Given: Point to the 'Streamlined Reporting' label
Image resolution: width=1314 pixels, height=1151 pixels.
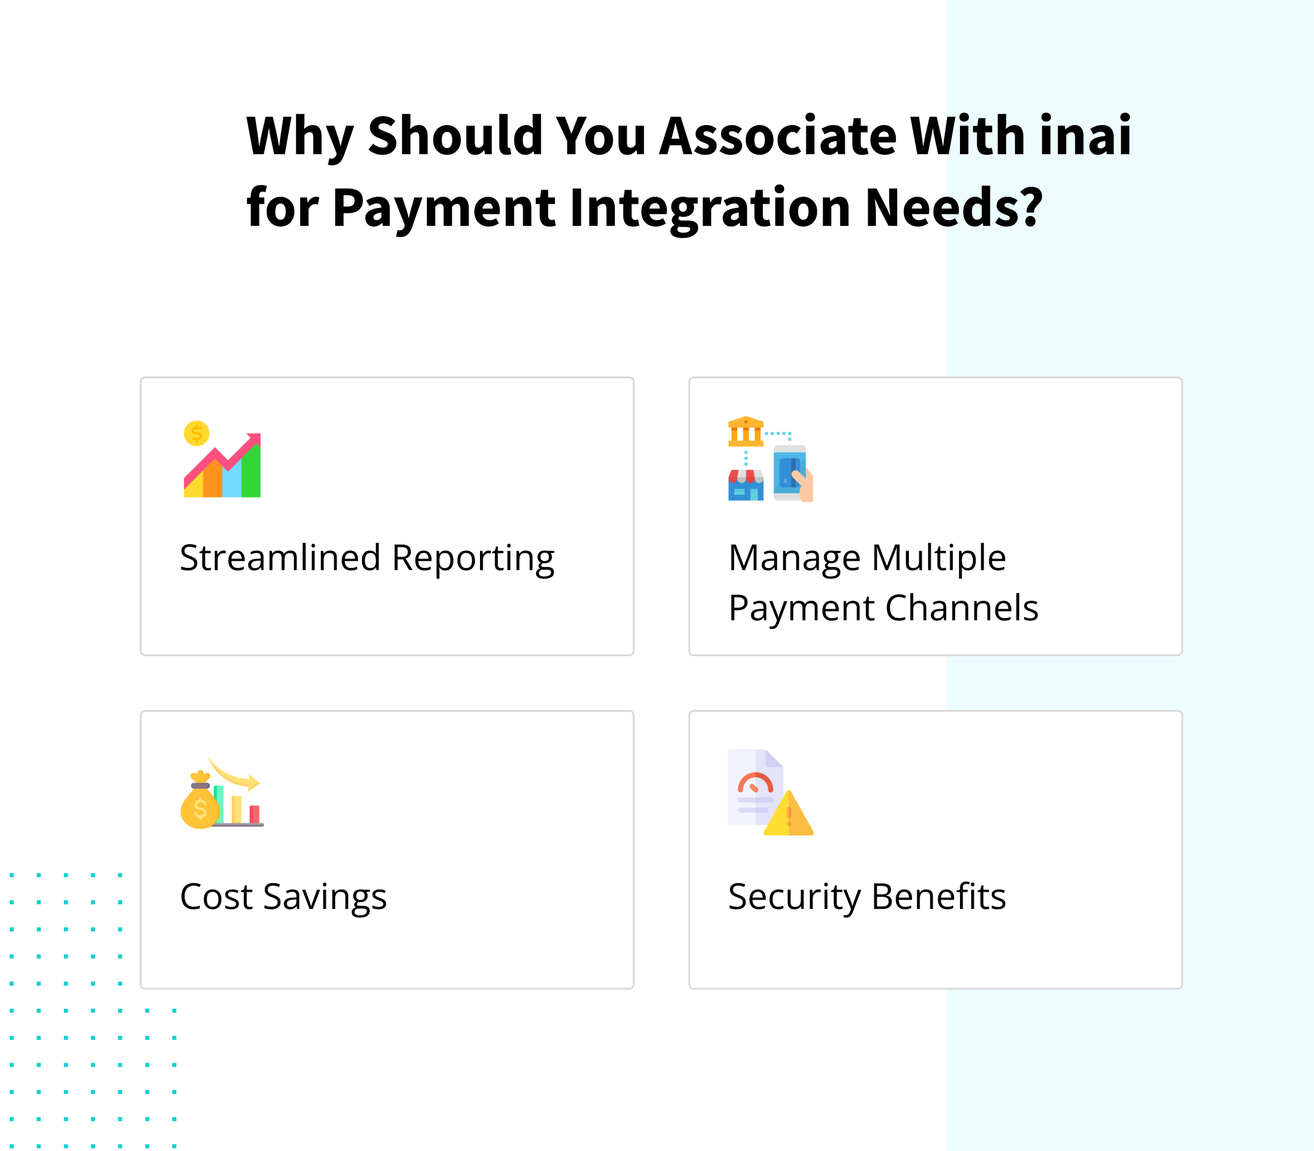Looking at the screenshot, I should [367, 558].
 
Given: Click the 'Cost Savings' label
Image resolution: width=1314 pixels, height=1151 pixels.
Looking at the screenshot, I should [283, 897].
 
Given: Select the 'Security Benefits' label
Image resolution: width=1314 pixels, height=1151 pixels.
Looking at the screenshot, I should [867, 897].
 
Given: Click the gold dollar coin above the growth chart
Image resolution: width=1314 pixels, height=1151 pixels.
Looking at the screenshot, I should [196, 434].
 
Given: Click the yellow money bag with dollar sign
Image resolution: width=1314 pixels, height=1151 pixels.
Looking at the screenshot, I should [200, 807].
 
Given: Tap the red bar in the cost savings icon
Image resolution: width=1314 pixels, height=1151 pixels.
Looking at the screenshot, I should [254, 814].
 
